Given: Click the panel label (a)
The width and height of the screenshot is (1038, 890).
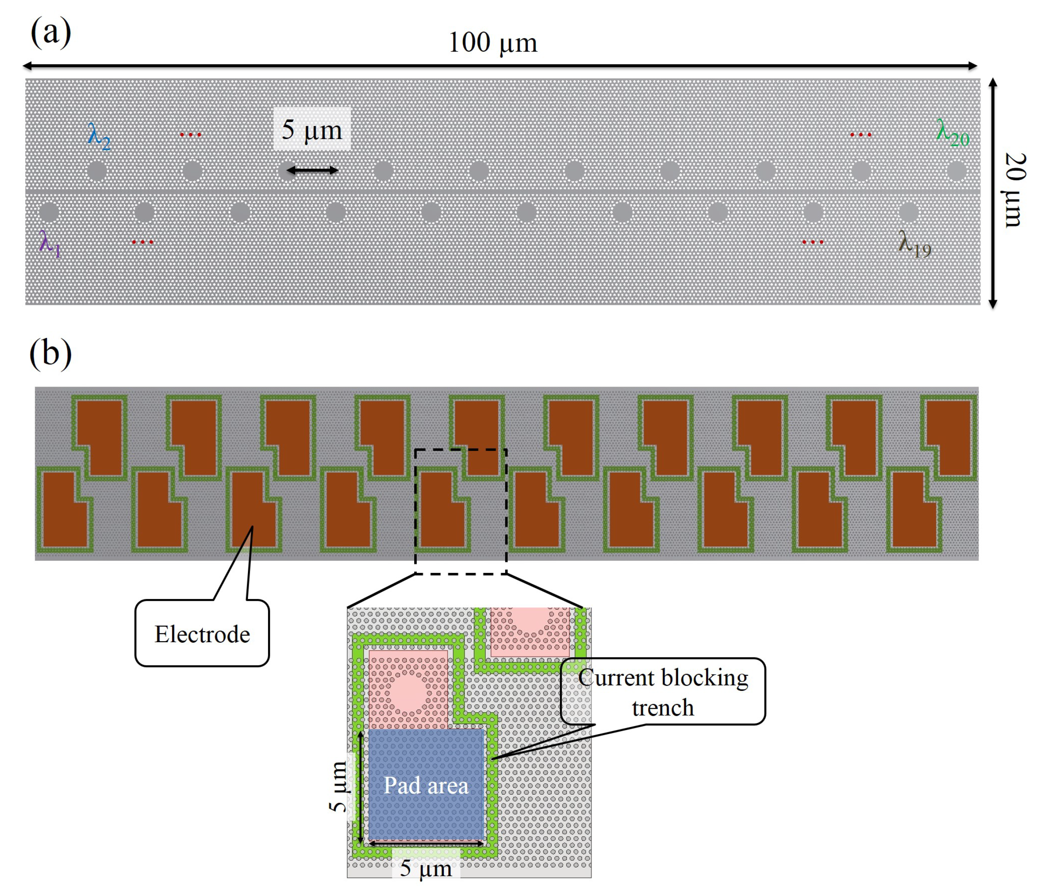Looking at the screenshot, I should click(x=51, y=33).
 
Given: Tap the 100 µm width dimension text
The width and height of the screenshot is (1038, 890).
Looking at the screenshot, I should click(x=493, y=42).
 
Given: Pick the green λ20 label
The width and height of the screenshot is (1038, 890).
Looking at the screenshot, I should click(x=952, y=133).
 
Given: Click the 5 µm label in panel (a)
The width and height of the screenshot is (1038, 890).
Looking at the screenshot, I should click(x=312, y=130).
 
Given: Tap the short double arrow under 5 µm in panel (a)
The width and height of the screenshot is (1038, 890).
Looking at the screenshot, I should click(x=312, y=170).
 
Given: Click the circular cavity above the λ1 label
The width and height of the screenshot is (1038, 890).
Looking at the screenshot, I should click(x=49, y=212).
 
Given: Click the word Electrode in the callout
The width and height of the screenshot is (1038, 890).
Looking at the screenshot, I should click(x=202, y=634).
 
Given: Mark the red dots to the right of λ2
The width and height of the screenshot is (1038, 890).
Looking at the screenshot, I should click(x=190, y=135).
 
